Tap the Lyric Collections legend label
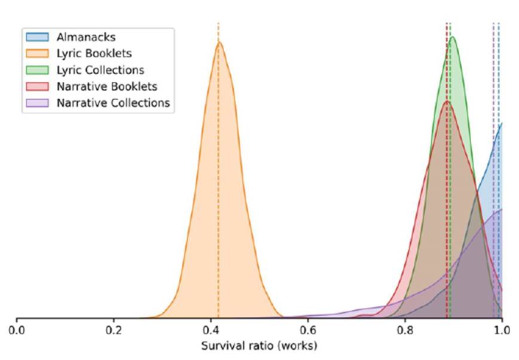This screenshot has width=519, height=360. pos(100,70)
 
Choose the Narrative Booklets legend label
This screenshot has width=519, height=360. pos(107,86)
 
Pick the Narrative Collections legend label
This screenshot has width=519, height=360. pos(114,102)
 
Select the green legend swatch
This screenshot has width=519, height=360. pos(39,70)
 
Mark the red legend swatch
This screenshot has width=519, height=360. pos(39,86)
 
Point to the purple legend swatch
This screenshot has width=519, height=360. pos(39,102)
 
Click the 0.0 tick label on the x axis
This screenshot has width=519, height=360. pos(17,330)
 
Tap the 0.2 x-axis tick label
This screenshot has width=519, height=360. pos(114,330)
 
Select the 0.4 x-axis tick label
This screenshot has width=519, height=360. pos(210,330)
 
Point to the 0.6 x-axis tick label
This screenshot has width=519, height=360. pos(308,330)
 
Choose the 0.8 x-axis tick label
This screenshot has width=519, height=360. pos(405,330)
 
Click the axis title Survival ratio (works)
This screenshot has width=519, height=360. pos(259,346)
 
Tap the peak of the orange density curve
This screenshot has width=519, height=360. pos(219,42)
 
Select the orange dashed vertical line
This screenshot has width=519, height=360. pos(218,179)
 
